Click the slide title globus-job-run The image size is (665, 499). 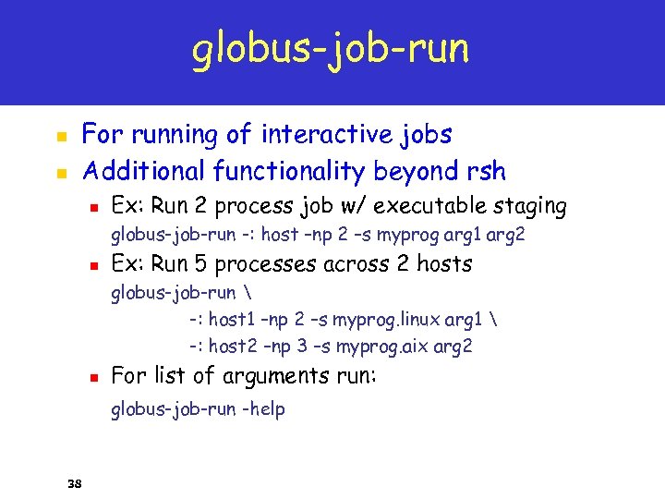click(331, 49)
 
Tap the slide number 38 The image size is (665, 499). click(76, 482)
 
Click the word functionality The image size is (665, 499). click(290, 171)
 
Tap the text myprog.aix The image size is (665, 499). click(381, 347)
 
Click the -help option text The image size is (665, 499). click(263, 408)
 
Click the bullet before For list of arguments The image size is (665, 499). click(92, 378)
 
